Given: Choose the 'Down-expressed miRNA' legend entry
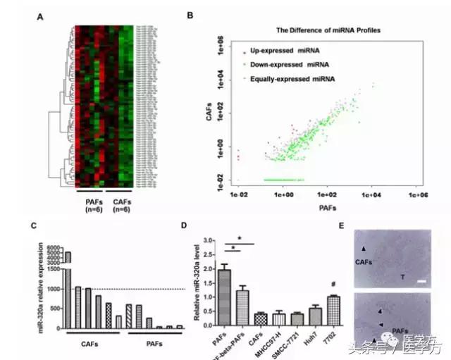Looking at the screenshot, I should (286, 65).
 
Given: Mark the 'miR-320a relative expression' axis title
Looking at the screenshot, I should (51, 282).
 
